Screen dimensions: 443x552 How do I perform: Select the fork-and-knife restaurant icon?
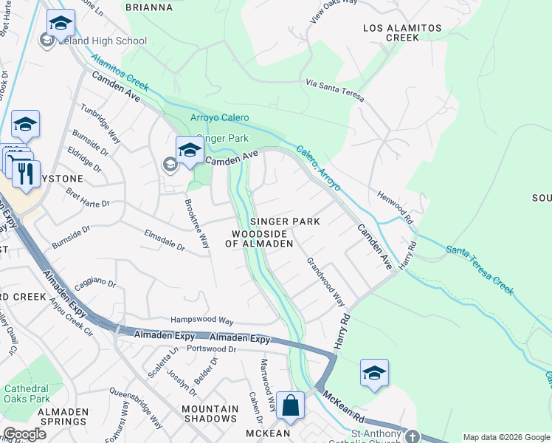coord(26,174)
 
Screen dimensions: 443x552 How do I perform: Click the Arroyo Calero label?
coord(219,118)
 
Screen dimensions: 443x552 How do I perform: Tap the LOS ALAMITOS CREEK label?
coord(402,33)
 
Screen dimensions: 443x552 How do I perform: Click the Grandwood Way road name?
coord(325,281)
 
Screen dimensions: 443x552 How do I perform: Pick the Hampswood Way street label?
coord(201,321)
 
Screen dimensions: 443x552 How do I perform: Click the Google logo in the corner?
coord(24,434)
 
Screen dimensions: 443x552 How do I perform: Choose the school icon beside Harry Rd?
coord(374,373)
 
